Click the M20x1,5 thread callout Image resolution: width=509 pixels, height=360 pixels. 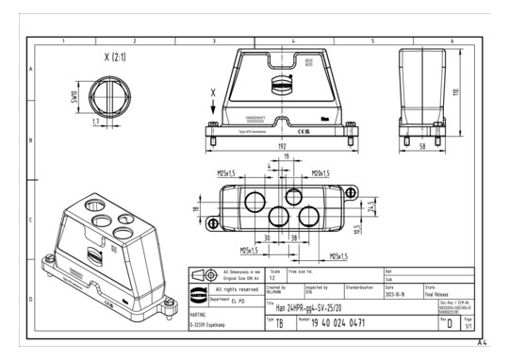coord(323,172)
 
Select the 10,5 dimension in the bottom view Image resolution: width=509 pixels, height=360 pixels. coord(360,229)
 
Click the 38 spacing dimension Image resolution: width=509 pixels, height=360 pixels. coord(293,238)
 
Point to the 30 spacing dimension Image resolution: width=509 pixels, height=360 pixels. coord(267,238)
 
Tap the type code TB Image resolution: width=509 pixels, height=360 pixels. coord(279,324)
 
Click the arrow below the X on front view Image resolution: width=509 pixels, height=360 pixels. coord(215,104)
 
